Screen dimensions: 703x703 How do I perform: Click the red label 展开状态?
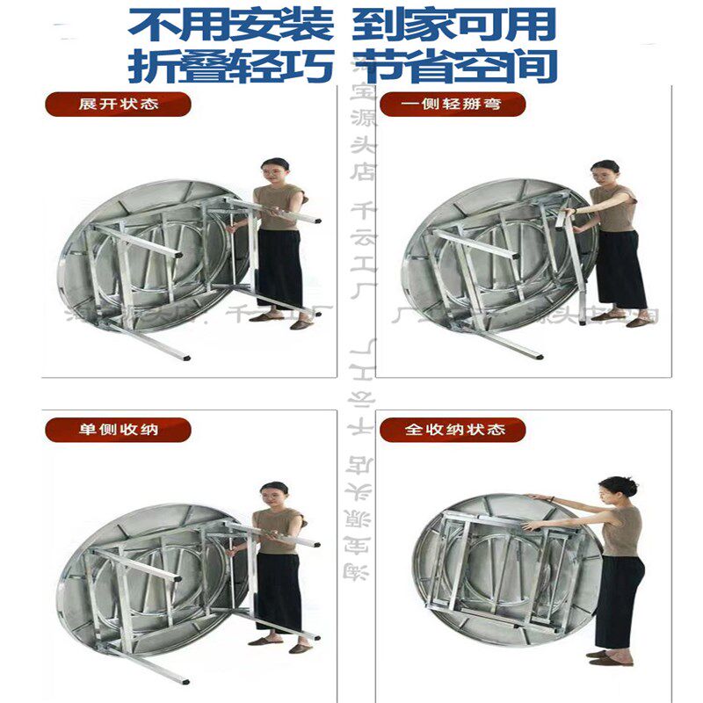[x=117, y=104]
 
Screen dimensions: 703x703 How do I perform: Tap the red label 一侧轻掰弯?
[x=452, y=104]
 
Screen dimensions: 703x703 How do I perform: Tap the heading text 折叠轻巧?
[x=230, y=66]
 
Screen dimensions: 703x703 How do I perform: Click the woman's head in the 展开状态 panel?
[x=276, y=169]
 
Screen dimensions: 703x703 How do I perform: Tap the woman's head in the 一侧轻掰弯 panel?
[x=605, y=170]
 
